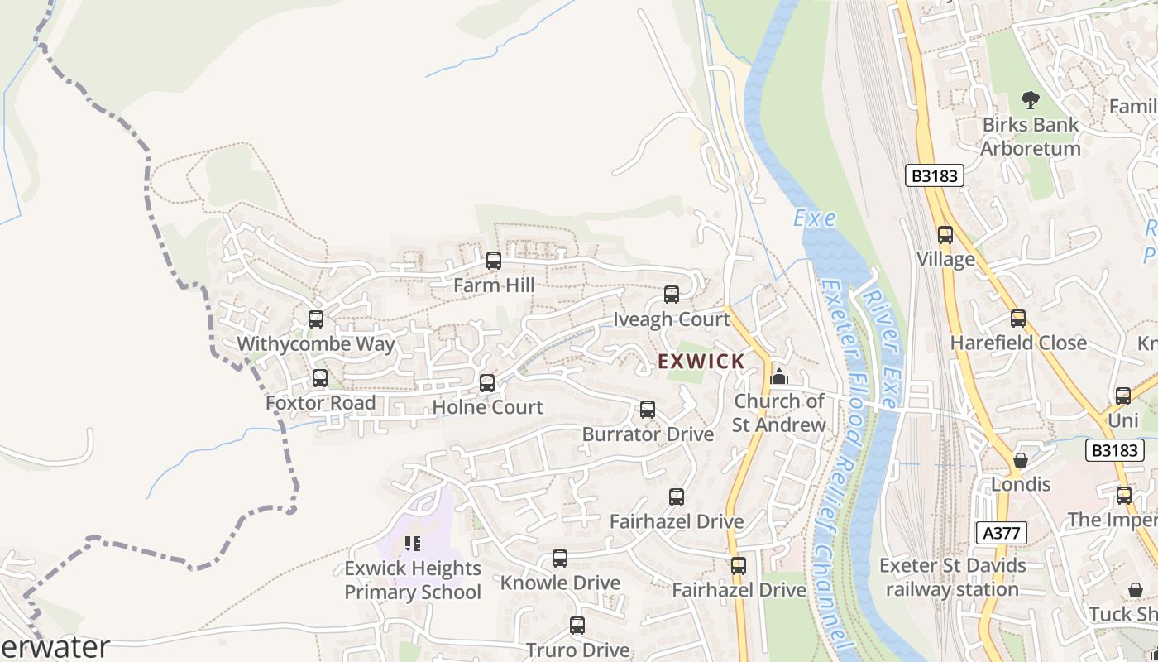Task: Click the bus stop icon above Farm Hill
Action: (x=494, y=261)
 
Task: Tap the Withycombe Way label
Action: (x=316, y=343)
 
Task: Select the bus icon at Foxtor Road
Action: (x=320, y=379)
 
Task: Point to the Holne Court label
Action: (x=488, y=407)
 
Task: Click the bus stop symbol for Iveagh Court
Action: (x=672, y=295)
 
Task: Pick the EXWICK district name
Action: (x=701, y=362)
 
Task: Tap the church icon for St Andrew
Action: (x=778, y=377)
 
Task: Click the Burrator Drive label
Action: (x=648, y=434)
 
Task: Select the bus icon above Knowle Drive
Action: (x=560, y=559)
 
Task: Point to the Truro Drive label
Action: (x=577, y=650)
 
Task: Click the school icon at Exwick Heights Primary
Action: (x=413, y=544)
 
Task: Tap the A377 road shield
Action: (x=1001, y=533)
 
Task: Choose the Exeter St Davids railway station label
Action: (x=952, y=578)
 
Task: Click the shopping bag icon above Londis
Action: (x=1021, y=460)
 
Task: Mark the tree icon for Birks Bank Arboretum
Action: (x=1030, y=100)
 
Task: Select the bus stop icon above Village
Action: (x=945, y=235)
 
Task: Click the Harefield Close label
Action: (x=1018, y=343)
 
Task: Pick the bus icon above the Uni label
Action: (x=1122, y=396)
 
